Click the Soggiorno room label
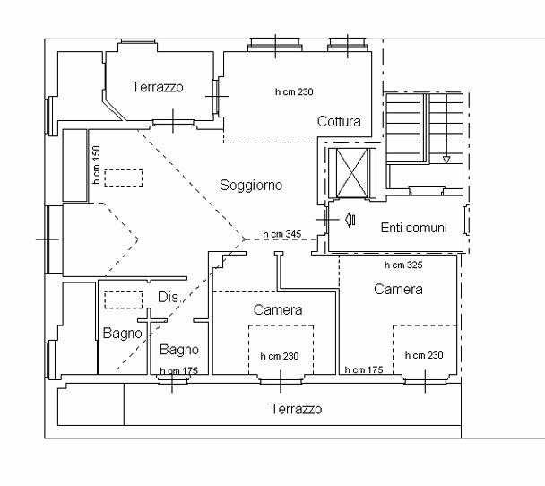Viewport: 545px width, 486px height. [251, 186]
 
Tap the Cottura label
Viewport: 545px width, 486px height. [339, 121]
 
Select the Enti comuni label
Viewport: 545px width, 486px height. [413, 228]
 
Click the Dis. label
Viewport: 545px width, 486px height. [169, 297]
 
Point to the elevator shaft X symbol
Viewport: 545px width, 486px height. [352, 172]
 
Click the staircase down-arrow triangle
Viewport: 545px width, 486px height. [446, 160]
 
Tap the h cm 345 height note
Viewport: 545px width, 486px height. [281, 234]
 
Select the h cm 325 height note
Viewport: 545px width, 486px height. [403, 265]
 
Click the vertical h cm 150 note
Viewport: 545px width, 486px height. [96, 165]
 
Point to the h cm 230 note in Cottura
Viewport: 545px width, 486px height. [294, 91]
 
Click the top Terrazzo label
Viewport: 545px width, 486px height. [158, 87]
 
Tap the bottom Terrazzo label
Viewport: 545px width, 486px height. [296, 409]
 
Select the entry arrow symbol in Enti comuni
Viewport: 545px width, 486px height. [350, 220]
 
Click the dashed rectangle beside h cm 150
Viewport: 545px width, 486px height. [124, 178]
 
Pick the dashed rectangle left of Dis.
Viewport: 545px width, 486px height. [124, 300]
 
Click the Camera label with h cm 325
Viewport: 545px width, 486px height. [398, 290]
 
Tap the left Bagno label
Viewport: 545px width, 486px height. [122, 333]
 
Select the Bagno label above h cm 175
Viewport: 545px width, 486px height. [179, 350]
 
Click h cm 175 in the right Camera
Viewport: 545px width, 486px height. [364, 370]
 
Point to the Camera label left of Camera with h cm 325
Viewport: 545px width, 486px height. [278, 309]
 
